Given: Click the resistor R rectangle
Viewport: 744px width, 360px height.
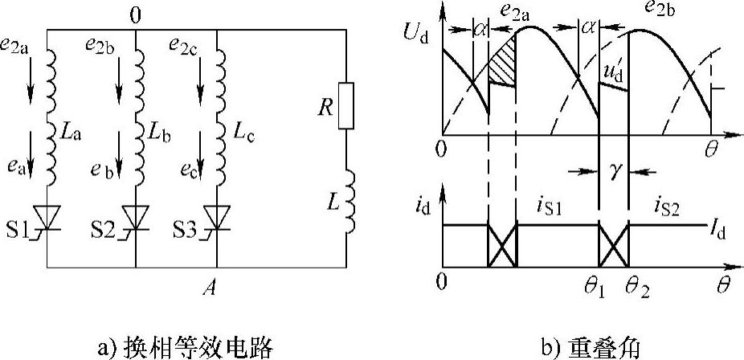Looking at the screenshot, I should (345, 105).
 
